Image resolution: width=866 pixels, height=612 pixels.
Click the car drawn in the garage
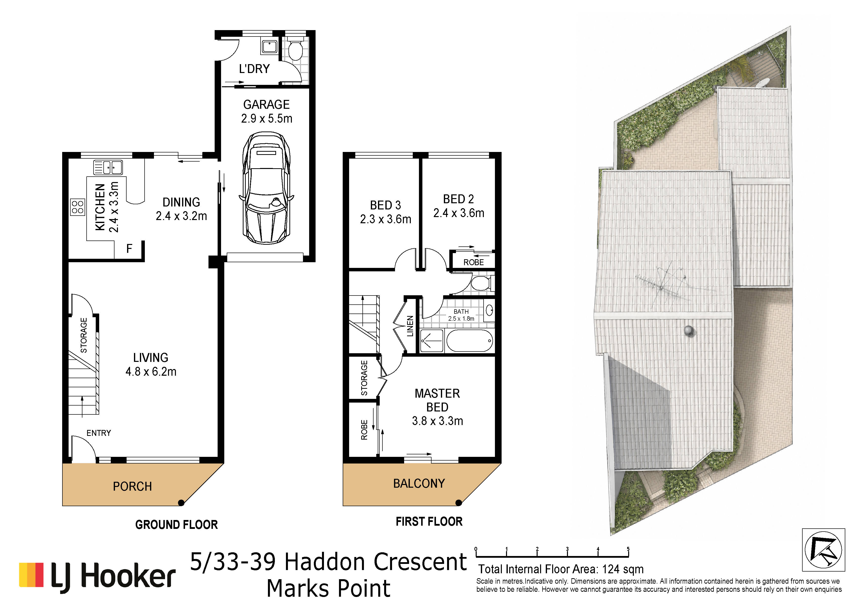pyautogui.click(x=266, y=187)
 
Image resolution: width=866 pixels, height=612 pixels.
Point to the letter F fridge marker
pyautogui.click(x=129, y=248)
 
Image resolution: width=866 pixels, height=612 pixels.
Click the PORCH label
pyautogui.click(x=132, y=486)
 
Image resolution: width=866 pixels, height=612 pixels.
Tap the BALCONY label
pyautogui.click(x=419, y=483)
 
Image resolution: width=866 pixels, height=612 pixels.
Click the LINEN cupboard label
pyautogui.click(x=410, y=326)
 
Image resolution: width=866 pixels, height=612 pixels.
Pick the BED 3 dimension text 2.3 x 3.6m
pyautogui.click(x=385, y=219)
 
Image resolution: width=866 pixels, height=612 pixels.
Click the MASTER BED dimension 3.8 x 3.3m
pyautogui.click(x=437, y=421)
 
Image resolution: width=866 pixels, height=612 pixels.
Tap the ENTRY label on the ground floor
pyautogui.click(x=99, y=433)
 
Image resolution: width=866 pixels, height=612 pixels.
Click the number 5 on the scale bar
pyautogui.click(x=628, y=549)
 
